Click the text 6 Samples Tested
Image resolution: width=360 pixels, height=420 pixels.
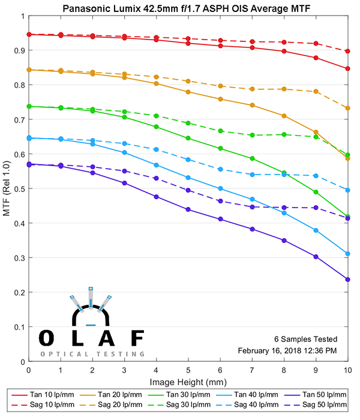point(306,339)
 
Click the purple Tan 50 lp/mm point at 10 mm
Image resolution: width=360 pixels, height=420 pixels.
point(347,279)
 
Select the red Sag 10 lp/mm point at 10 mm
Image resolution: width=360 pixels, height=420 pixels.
point(347,51)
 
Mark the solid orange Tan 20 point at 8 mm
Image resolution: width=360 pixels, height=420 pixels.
point(284,116)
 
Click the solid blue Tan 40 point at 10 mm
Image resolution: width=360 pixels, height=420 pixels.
point(347,254)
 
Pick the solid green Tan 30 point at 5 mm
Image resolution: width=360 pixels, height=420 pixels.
point(188,138)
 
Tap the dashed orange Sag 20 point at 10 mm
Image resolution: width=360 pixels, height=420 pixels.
point(347,108)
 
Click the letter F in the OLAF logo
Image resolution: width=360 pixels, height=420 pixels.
point(137,338)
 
